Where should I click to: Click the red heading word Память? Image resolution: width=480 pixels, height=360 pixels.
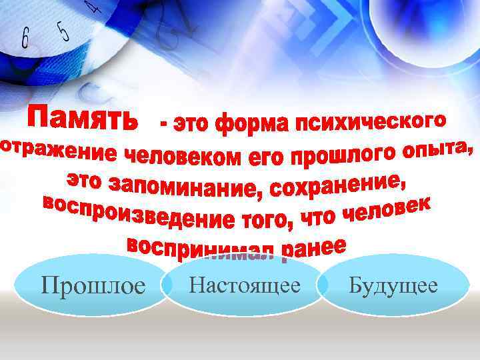83,118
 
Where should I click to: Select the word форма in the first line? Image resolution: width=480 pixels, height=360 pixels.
253,123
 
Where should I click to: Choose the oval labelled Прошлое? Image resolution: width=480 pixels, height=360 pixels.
93,287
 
